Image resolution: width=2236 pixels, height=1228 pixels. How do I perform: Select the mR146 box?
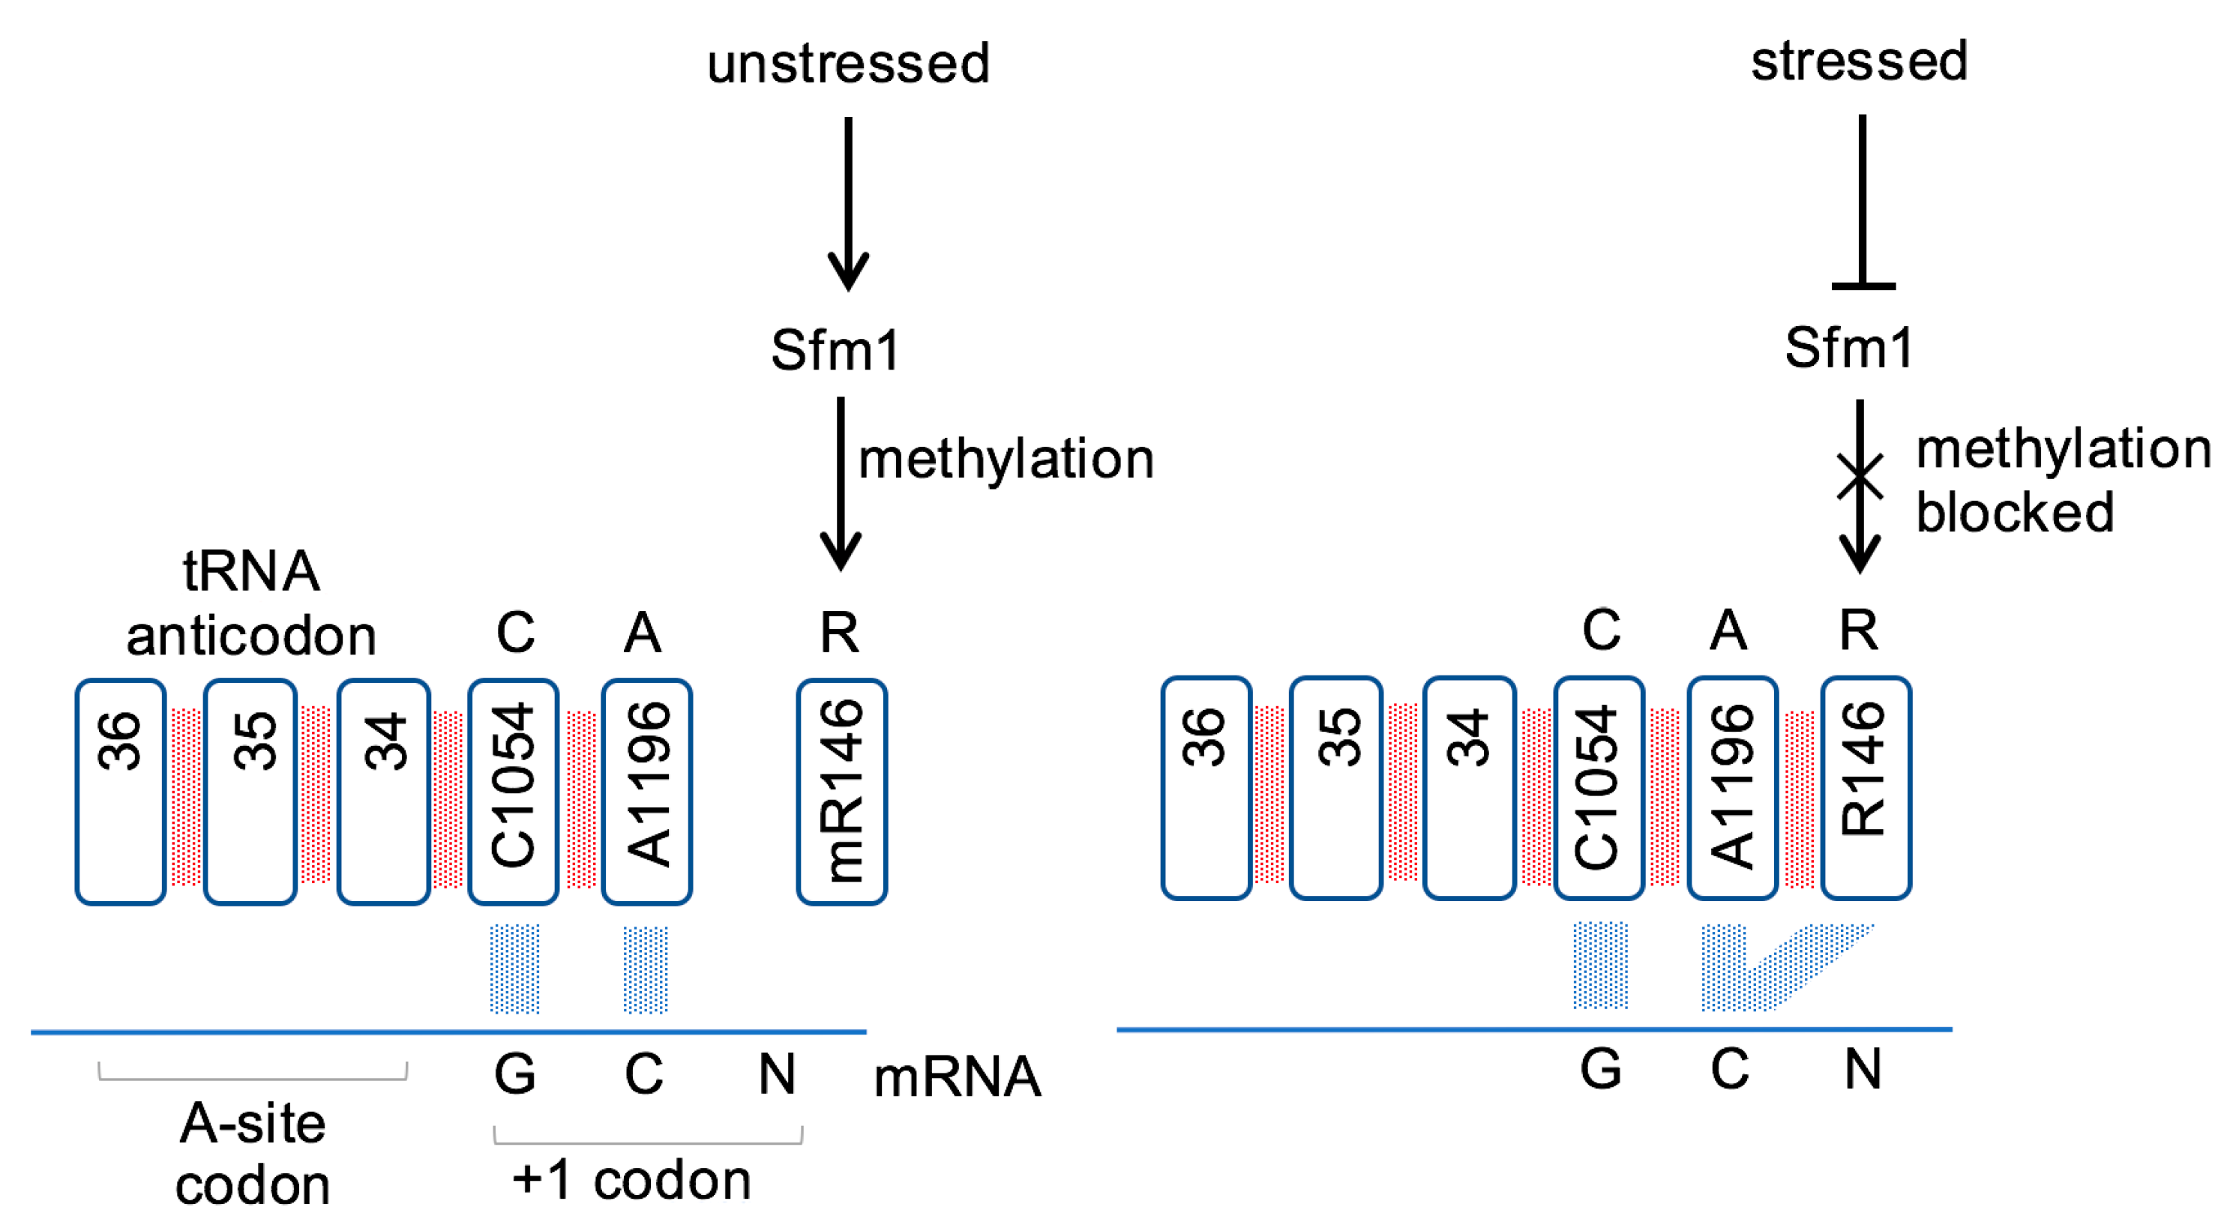[x=841, y=792]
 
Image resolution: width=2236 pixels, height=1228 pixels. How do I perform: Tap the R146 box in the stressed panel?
[x=1866, y=788]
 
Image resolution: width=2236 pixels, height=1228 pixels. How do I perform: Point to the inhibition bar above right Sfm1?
[x=1863, y=285]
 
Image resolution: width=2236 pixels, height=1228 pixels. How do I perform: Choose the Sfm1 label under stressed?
[x=1849, y=347]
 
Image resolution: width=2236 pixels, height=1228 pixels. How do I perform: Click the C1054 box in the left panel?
[x=513, y=792]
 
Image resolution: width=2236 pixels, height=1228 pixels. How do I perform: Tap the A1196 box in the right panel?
[x=1731, y=788]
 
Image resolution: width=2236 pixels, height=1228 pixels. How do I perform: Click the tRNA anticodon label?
[x=251, y=604]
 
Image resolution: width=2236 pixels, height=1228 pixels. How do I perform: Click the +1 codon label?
[x=631, y=1180]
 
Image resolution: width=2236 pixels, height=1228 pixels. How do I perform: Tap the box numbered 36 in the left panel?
[x=121, y=792]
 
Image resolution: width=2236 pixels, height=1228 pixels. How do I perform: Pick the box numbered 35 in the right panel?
[x=1336, y=788]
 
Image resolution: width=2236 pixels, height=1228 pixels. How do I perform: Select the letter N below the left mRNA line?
[x=776, y=1074]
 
